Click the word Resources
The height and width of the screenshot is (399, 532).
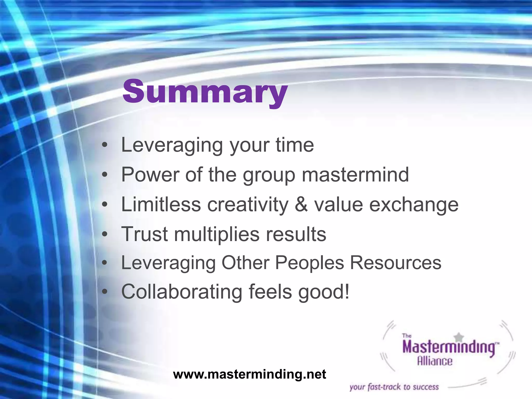point(395,263)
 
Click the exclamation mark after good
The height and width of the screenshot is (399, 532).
point(347,292)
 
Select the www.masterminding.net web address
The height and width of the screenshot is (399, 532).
point(249,374)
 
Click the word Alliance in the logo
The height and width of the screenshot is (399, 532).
point(435,361)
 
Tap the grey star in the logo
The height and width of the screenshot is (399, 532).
point(460,337)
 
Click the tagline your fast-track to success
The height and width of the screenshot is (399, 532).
point(394,387)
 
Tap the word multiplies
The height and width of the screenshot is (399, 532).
point(217,234)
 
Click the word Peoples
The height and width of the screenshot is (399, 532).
point(309,263)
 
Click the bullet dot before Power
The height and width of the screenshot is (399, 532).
point(104,175)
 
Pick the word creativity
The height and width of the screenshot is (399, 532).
point(248,204)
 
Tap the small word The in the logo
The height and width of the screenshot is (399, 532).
point(407,336)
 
